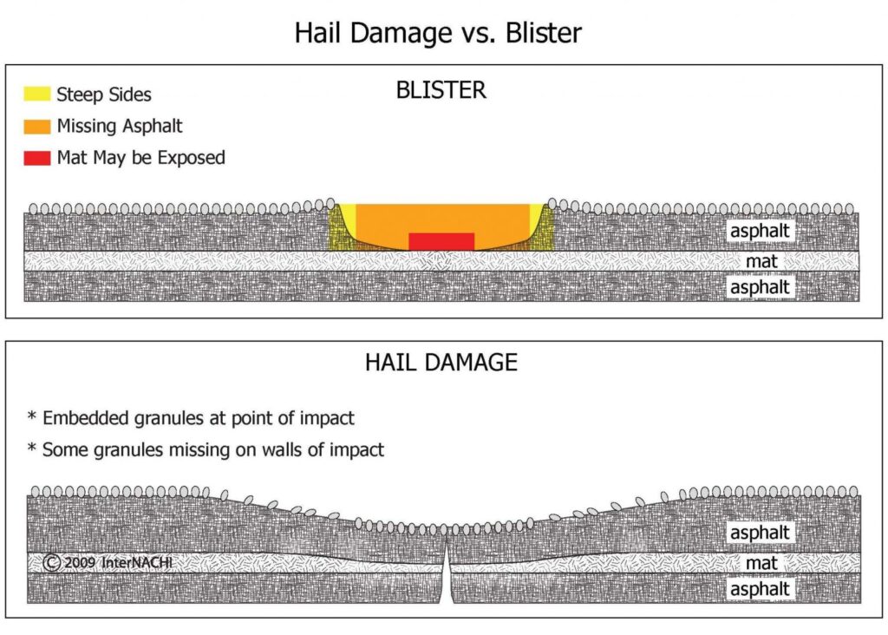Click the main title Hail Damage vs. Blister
(438, 33)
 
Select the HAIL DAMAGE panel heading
(441, 362)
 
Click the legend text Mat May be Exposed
(140, 158)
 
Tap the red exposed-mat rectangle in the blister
(441, 241)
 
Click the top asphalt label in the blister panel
(761, 231)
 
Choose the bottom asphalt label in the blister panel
(761, 286)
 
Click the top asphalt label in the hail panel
(761, 532)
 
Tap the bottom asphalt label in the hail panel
(761, 589)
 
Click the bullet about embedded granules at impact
(191, 418)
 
